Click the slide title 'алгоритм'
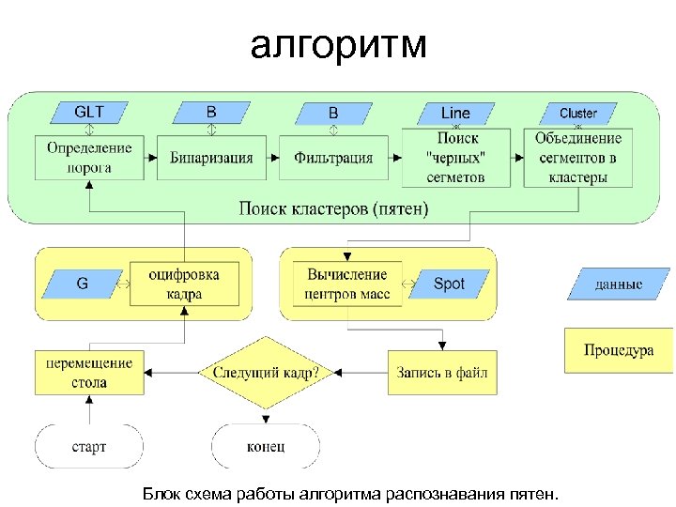pos(338,44)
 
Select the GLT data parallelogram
pos(89,113)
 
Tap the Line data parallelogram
pos(455,113)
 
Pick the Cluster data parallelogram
pos(577,113)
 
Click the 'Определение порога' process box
pos(89,158)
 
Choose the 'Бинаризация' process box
pos(211,158)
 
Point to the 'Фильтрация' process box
pos(333,158)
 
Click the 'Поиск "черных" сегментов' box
pos(455,158)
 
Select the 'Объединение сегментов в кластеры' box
pos(577,158)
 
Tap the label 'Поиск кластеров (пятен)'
pos(333,208)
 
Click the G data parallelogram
pos(83,283)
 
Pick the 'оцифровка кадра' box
pos(184,284)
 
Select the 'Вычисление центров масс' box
pos(346,284)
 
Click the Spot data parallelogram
pos(449,283)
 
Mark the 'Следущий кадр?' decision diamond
pos(266,373)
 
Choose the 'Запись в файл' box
pos(442,373)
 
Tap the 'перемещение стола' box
pos(89,373)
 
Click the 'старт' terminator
pos(89,446)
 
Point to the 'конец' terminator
pos(266,446)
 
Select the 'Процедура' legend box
pos(618,350)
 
